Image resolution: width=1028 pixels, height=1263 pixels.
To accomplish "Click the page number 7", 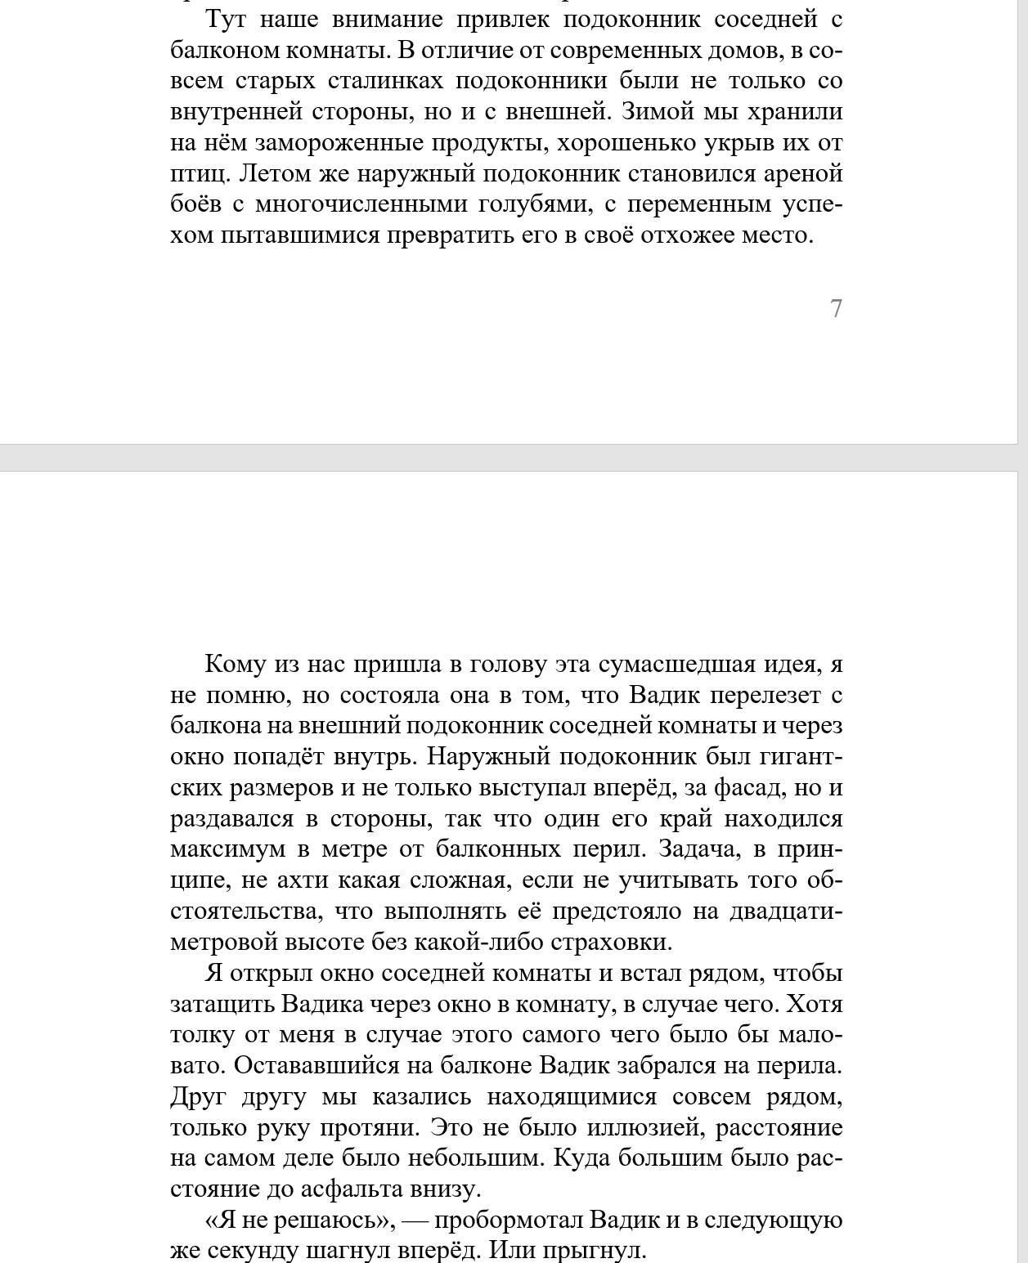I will (x=836, y=308).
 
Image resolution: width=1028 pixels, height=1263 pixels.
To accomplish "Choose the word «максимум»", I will (x=228, y=849).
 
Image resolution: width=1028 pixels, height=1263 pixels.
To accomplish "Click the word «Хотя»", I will (x=814, y=1004).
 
